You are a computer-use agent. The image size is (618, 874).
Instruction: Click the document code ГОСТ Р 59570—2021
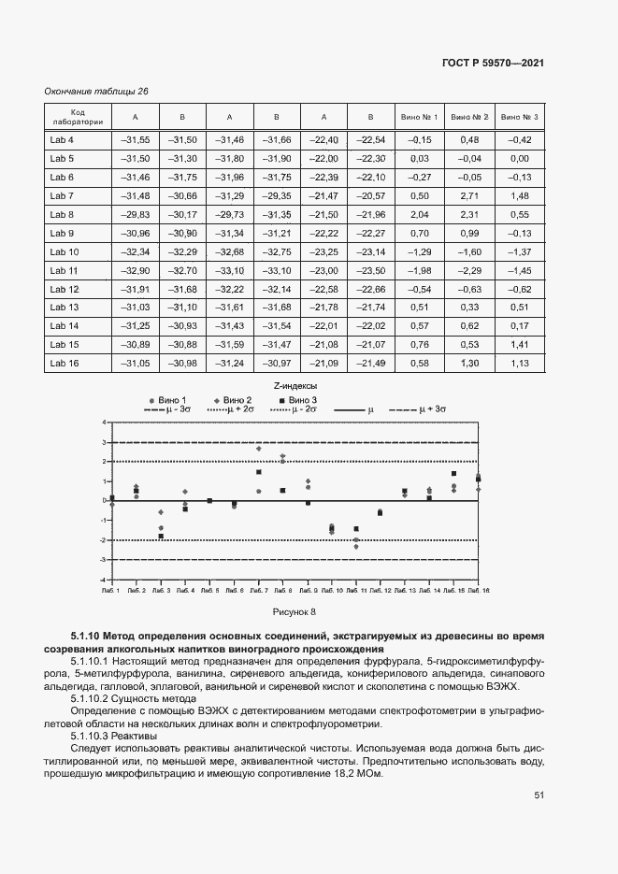(x=493, y=63)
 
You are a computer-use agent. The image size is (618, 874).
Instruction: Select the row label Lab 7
(x=62, y=195)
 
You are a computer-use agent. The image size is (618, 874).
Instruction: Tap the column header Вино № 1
(x=419, y=117)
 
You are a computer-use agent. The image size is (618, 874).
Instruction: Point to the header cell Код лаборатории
(x=79, y=117)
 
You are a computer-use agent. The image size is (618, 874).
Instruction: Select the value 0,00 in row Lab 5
(x=520, y=158)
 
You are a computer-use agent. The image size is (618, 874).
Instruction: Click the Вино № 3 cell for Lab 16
(x=520, y=364)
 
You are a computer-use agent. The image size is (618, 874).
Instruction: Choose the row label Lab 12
(x=64, y=289)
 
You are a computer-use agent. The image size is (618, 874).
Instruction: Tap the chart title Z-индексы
(x=296, y=385)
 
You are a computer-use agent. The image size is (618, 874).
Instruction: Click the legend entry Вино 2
(x=250, y=399)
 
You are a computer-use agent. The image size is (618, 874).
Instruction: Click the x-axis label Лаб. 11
(x=356, y=592)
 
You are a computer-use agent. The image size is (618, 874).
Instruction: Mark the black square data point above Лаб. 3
(x=161, y=537)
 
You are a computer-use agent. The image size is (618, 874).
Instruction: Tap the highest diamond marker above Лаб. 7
(x=259, y=449)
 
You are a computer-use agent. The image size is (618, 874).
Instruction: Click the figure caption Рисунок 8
(x=295, y=612)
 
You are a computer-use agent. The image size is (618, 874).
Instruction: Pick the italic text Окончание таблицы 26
(x=96, y=91)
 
